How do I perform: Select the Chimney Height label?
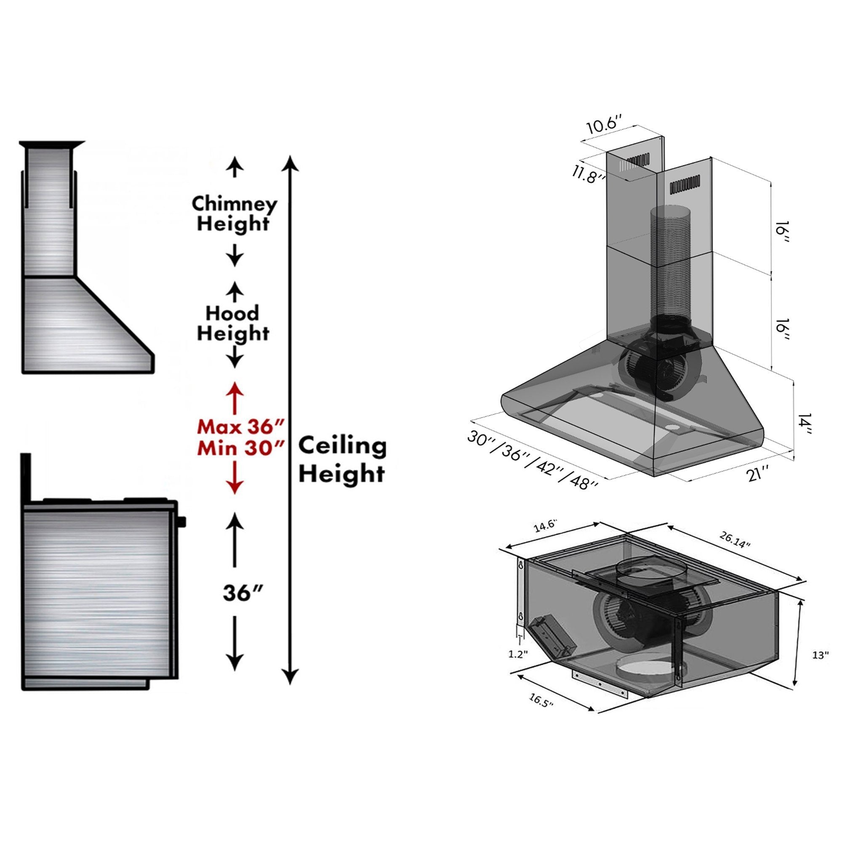[234, 213]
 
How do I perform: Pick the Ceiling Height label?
[342, 459]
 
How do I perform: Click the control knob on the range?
[182, 521]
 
